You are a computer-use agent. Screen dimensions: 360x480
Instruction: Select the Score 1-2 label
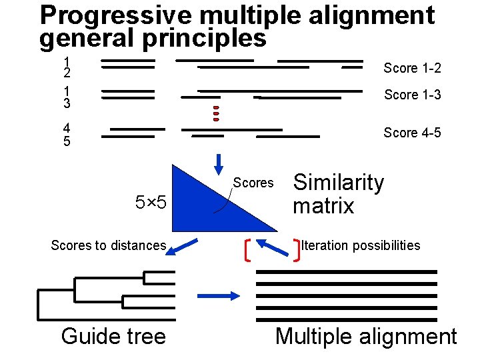click(412, 69)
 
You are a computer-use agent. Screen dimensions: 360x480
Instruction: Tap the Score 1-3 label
click(412, 95)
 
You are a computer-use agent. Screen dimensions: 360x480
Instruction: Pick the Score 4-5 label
click(412, 133)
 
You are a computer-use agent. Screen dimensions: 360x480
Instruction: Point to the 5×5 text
click(151, 202)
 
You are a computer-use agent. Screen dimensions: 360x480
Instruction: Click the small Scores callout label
click(253, 183)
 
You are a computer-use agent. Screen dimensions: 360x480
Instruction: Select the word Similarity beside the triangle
click(339, 182)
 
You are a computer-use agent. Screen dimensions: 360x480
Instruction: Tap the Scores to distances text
click(108, 245)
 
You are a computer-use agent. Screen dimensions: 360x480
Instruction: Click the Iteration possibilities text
click(361, 245)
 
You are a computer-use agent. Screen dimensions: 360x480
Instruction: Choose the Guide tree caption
click(113, 336)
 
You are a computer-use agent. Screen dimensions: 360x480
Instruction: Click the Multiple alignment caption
click(366, 336)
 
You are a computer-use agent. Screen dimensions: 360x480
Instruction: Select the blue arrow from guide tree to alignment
click(219, 295)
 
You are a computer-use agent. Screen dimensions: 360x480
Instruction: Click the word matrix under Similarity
click(323, 206)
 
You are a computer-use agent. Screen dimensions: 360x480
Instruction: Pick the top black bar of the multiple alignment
click(347, 272)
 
